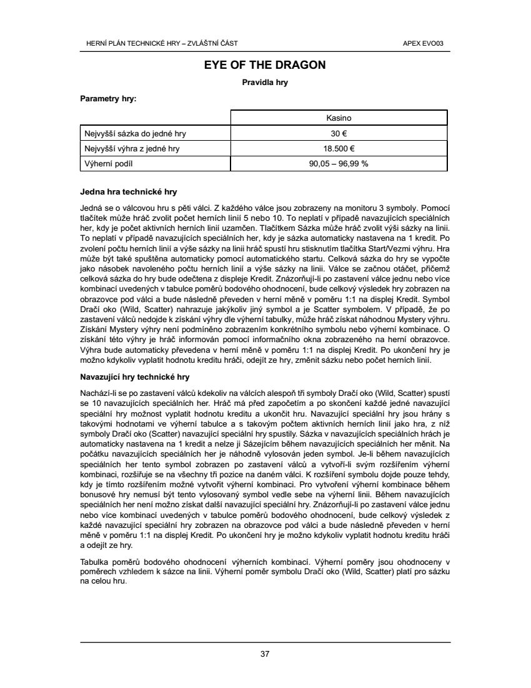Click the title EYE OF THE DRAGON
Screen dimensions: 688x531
point(265,64)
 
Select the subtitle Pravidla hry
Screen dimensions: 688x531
point(265,82)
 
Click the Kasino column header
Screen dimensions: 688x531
point(339,118)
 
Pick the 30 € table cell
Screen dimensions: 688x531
point(339,133)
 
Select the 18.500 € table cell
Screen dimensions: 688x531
point(339,148)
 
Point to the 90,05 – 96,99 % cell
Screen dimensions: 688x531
point(339,163)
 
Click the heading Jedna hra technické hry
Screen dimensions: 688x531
point(129,191)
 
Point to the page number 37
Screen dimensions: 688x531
point(265,654)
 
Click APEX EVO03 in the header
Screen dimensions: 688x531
point(428,43)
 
